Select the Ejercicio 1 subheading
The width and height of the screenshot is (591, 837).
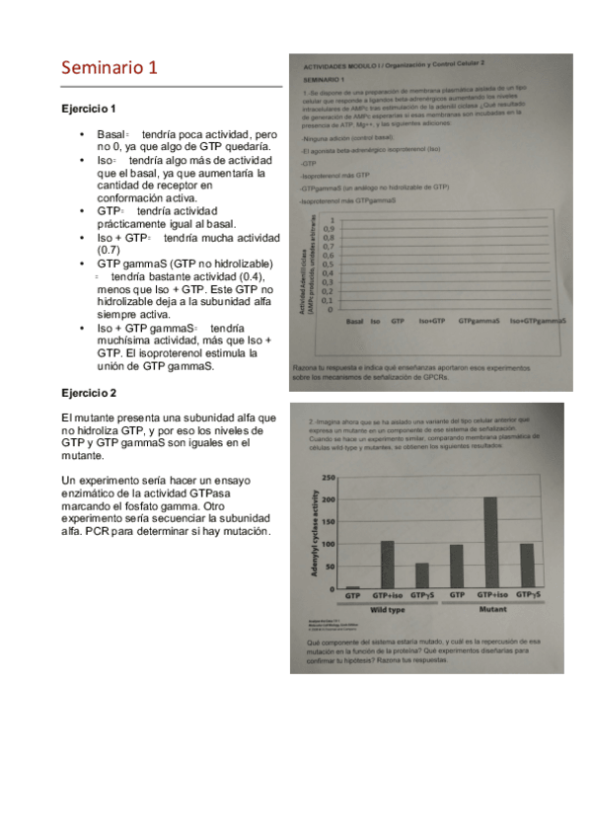(89, 108)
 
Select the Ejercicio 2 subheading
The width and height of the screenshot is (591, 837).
(89, 393)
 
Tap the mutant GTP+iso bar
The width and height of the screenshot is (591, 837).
(489, 543)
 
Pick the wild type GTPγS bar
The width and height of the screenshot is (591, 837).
(422, 575)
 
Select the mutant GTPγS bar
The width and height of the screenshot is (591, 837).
(526, 566)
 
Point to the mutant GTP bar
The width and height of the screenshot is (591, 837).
(456, 567)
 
